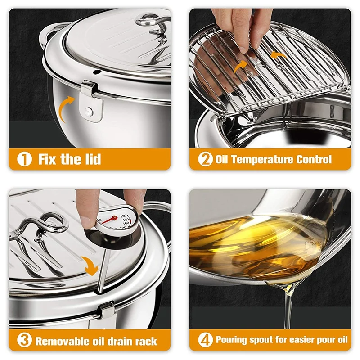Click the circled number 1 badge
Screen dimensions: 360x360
pos(24,159)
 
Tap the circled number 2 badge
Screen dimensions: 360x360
pos(205,159)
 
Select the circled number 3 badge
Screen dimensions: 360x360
pos(24,340)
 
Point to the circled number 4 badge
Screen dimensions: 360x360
pos(205,340)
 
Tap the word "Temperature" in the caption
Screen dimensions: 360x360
pos(262,159)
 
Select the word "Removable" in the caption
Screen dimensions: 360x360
pos(62,341)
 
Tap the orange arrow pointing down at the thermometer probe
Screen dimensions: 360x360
pos(90,266)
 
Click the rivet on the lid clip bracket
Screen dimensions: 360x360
pos(88,111)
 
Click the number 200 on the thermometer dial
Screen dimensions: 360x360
pos(123,216)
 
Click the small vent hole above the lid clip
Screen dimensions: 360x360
pos(97,72)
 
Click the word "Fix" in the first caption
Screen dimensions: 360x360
pos(47,159)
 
